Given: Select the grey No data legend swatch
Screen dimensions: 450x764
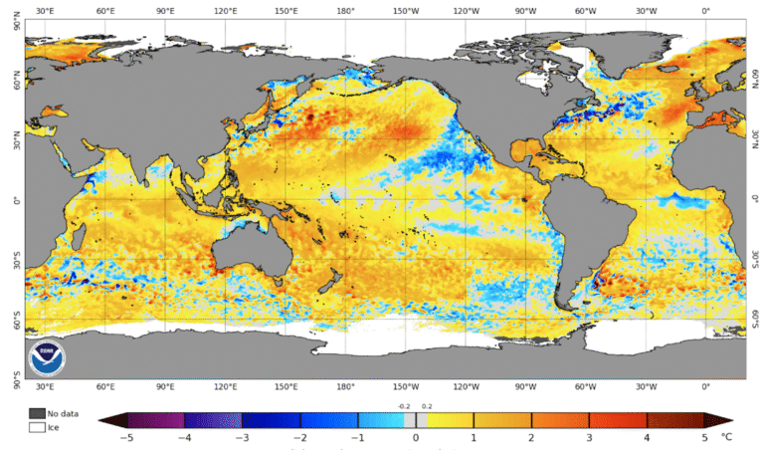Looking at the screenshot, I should [x=37, y=413].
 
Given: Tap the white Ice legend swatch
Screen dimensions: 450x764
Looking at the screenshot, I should [x=37, y=427].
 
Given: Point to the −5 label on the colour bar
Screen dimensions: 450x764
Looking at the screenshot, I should [x=127, y=436].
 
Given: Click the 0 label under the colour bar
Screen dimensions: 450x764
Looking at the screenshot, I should [x=416, y=436].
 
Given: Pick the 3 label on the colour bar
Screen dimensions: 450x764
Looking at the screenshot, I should [x=590, y=436].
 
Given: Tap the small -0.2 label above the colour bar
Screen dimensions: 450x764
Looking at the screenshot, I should [x=404, y=406].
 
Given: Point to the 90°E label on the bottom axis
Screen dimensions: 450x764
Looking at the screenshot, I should [x=166, y=386].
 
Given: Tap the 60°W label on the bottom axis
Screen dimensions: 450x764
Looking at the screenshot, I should [x=586, y=386].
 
